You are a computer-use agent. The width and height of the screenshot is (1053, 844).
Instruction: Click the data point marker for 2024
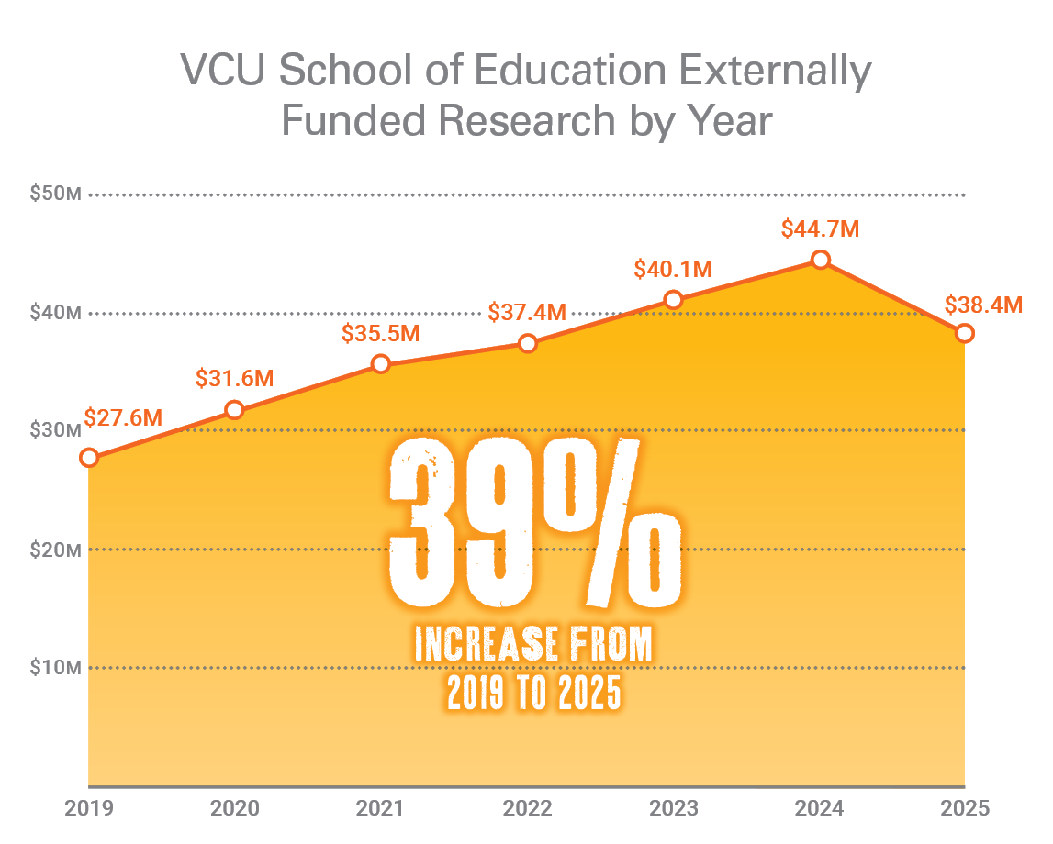pyautogui.click(x=821, y=261)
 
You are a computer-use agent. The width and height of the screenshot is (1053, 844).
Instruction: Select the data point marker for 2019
pyautogui.click(x=89, y=457)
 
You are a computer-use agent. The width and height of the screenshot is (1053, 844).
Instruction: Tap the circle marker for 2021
pyautogui.click(x=381, y=364)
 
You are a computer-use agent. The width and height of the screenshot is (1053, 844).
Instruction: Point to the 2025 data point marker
pyautogui.click(x=964, y=333)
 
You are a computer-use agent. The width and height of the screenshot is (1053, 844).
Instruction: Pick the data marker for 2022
pyautogui.click(x=528, y=343)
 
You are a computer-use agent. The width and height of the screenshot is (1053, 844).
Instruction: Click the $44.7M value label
pyautogui.click(x=820, y=228)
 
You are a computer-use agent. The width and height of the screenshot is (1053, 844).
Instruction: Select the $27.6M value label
pyautogui.click(x=123, y=418)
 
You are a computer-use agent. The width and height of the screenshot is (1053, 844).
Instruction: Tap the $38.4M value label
pyautogui.click(x=983, y=305)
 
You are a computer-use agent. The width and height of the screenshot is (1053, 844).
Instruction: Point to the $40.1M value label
pyautogui.click(x=673, y=269)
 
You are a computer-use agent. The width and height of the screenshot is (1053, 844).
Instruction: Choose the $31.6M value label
pyautogui.click(x=235, y=378)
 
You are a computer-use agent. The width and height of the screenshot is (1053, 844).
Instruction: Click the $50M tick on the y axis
pyautogui.click(x=56, y=194)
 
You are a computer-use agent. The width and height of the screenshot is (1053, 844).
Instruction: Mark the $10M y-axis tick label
pyautogui.click(x=56, y=667)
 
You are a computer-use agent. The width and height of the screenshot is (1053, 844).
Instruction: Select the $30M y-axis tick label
pyautogui.click(x=56, y=430)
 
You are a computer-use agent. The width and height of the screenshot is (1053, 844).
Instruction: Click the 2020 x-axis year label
pyautogui.click(x=235, y=809)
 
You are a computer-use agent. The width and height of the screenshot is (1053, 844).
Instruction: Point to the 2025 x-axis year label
pyautogui.click(x=964, y=809)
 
